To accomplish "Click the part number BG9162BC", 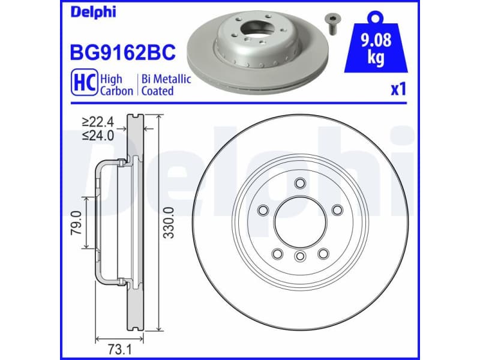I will point(123,53).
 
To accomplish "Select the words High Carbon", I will point(113,85).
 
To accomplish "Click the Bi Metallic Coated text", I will point(166,85).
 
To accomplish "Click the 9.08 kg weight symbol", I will point(376,48).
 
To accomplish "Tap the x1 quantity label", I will point(398,90).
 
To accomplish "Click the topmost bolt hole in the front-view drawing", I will point(300,183).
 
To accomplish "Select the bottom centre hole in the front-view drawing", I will point(300,257).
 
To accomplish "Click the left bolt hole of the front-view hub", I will point(263,210).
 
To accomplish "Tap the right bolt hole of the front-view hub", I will point(337,210).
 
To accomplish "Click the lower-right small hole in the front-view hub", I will point(323,253).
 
